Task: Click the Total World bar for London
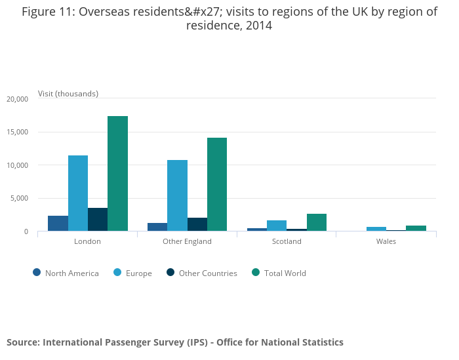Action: [x=117, y=174]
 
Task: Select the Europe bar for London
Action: [x=78, y=193]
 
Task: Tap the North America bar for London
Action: [x=58, y=224]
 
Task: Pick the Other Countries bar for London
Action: [x=98, y=220]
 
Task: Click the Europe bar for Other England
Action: [x=177, y=195]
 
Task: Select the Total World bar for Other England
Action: [x=217, y=184]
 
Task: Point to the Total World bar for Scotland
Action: [x=316, y=222]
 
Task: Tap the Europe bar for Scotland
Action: [x=277, y=226]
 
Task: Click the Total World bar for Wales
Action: [x=416, y=228]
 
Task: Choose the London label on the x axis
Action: [x=87, y=241]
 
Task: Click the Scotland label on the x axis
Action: [x=287, y=241]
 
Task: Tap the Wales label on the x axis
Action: [x=386, y=241]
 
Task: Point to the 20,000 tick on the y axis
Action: [x=17, y=99]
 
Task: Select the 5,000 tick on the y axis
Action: [x=19, y=199]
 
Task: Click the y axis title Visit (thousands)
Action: [x=68, y=94]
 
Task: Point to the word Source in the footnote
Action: [x=22, y=342]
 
